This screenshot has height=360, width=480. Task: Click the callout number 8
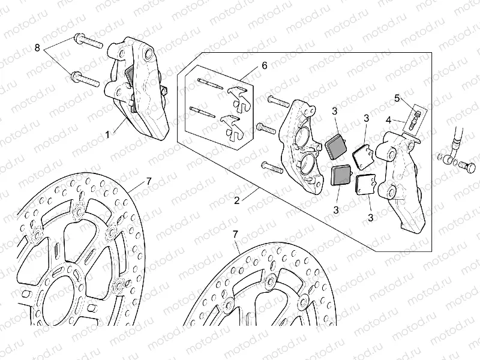click(37, 46)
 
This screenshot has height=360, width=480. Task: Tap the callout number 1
click(108, 135)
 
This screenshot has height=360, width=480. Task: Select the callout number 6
click(264, 65)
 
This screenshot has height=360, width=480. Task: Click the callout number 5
click(397, 97)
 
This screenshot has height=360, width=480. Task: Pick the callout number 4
click(389, 119)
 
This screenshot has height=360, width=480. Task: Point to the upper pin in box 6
click(206, 83)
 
